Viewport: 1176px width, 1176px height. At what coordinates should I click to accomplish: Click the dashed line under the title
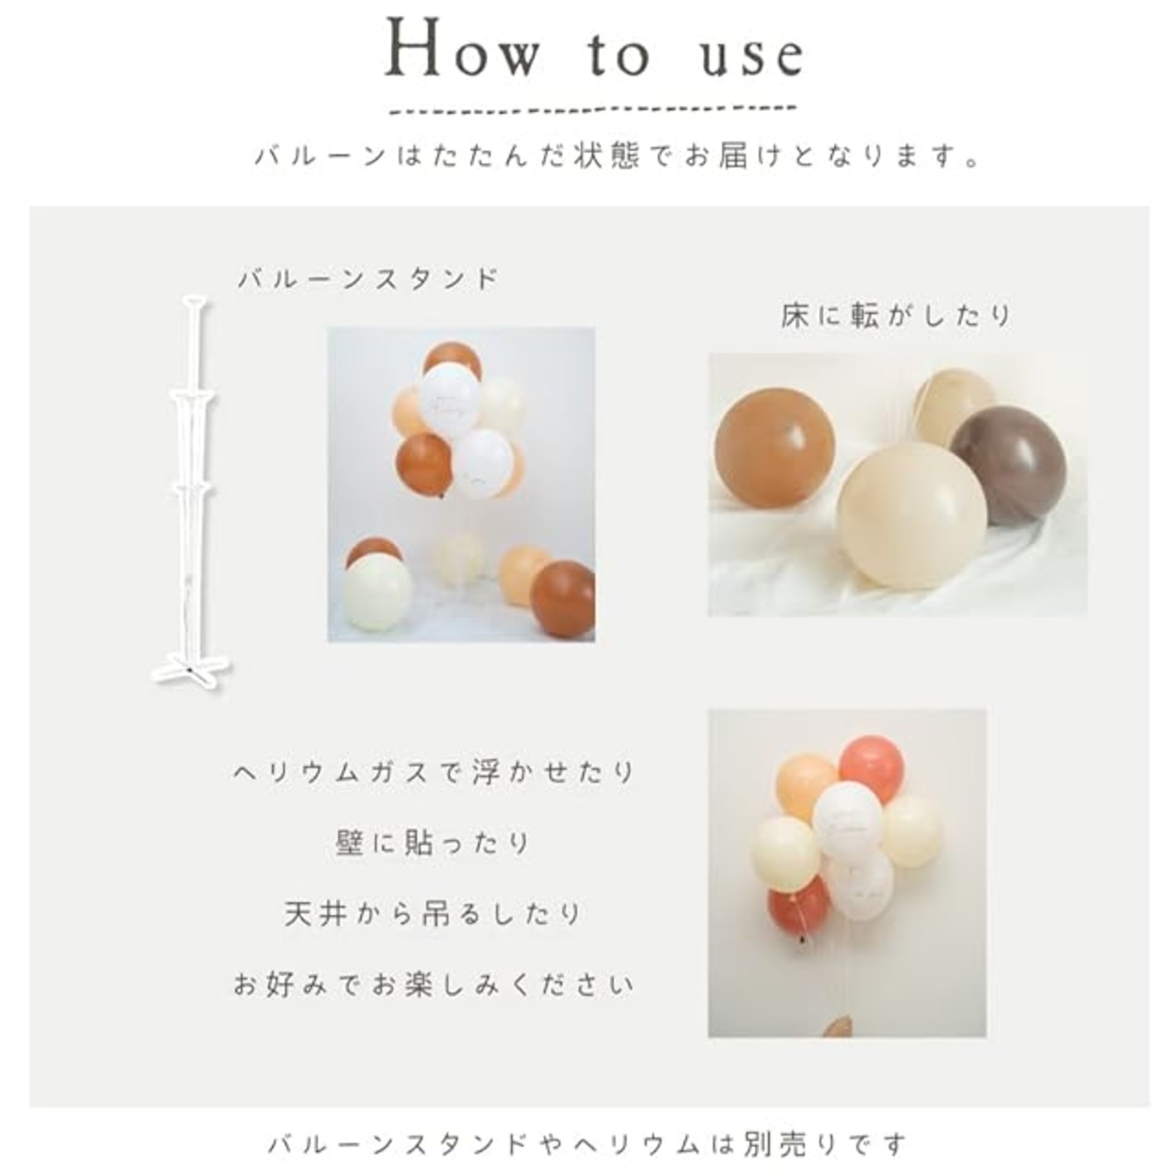click(594, 110)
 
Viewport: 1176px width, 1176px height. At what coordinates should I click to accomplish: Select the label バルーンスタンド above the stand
click(368, 279)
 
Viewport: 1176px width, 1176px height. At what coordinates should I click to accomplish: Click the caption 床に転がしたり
click(896, 317)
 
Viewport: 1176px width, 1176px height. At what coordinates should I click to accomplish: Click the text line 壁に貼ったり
click(435, 843)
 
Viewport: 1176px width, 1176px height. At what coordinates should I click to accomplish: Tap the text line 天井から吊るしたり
click(435, 913)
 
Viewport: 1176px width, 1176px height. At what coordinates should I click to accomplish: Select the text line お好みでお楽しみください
click(435, 984)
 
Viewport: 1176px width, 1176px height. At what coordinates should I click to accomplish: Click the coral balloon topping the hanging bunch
click(870, 765)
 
